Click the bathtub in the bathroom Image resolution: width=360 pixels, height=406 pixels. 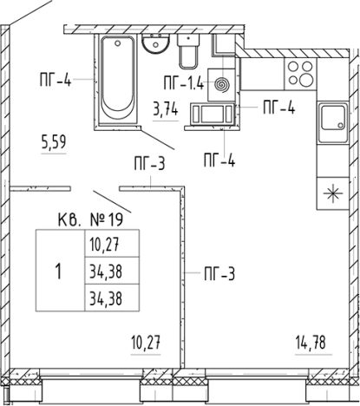(117, 80)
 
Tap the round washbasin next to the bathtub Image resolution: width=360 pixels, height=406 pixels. (155, 43)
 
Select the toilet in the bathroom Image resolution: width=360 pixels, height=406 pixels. (188, 51)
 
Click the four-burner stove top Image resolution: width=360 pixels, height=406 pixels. (300, 74)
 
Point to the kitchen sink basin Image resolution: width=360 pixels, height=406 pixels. (333, 121)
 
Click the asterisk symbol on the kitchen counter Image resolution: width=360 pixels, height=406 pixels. (333, 193)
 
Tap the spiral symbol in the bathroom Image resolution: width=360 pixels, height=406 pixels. (222, 85)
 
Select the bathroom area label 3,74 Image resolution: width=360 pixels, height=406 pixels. (166, 110)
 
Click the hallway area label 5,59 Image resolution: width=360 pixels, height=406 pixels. (54, 142)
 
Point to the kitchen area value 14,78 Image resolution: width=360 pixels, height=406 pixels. (311, 343)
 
